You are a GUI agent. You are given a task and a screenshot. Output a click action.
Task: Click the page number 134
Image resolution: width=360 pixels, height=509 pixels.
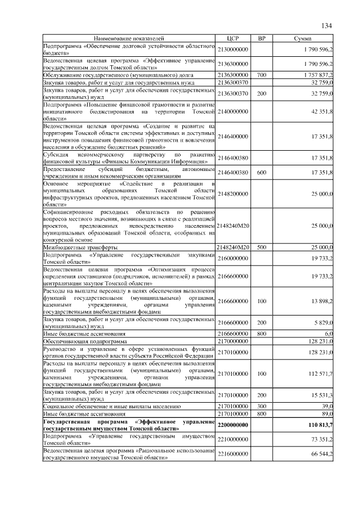tap(327, 26)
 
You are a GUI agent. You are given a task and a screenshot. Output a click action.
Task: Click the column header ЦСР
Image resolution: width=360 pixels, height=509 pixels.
tap(232, 38)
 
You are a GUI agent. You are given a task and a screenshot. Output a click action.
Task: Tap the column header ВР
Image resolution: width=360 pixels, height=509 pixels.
tap(261, 38)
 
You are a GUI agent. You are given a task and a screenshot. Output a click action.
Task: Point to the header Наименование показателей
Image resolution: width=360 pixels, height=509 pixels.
tap(129, 38)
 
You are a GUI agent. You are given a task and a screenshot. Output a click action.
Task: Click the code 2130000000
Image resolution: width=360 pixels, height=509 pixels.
tap(232, 49)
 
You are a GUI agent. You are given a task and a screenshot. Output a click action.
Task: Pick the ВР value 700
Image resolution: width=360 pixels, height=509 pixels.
tap(261, 74)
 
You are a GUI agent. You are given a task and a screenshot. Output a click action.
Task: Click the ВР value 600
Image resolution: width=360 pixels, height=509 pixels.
tap(261, 172)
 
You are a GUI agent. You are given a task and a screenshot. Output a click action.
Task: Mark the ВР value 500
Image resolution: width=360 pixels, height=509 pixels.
tap(261, 247)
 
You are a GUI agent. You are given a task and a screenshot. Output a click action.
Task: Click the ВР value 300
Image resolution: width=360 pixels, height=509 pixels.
tap(261, 405)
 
